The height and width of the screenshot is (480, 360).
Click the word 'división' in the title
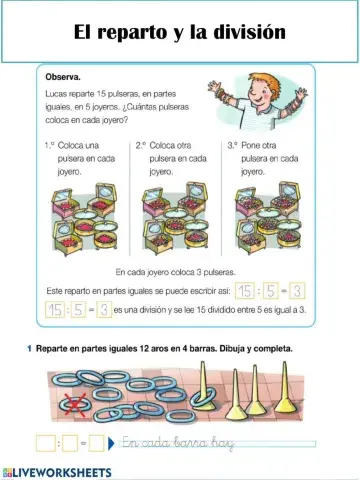[250, 32]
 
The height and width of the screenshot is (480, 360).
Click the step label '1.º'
[51, 145]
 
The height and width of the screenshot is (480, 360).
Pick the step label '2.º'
[141, 145]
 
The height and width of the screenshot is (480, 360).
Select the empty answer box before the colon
[45, 443]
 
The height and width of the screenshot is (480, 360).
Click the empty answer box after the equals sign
[97, 443]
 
